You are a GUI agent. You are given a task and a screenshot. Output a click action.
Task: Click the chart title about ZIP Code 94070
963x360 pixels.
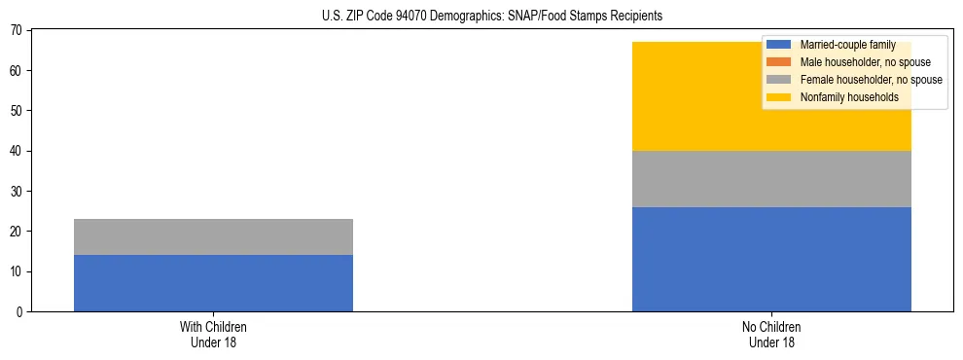[x=491, y=17]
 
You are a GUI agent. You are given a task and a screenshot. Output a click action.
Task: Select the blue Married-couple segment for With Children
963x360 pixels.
[x=213, y=283]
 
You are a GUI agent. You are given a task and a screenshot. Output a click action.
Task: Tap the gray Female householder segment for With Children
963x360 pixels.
[x=213, y=236]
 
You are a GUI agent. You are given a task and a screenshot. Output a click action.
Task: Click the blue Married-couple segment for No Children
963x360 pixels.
[x=771, y=259]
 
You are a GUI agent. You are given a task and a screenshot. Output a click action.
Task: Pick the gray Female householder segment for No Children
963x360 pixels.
[x=771, y=179]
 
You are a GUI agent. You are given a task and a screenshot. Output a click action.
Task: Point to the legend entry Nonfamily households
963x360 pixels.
[x=842, y=97]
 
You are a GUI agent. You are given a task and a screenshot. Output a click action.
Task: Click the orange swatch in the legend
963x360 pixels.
[x=779, y=62]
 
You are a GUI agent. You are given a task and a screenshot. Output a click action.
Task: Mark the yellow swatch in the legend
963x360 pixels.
[x=779, y=97]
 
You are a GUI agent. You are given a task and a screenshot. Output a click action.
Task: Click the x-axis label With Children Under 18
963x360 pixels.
[x=213, y=334]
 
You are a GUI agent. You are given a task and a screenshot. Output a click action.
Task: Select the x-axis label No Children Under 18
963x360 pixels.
[x=771, y=334]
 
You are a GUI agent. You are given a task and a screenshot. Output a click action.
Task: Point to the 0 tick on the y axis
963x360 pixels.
[x=20, y=311]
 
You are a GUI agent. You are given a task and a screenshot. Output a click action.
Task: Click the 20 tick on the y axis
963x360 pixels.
[x=18, y=232]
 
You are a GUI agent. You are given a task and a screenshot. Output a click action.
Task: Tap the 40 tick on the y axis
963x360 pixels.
[x=18, y=151]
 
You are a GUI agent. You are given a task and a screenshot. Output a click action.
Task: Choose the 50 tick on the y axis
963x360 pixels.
[x=18, y=111]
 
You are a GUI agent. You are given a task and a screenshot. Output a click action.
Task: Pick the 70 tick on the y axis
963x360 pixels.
[x=18, y=30]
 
